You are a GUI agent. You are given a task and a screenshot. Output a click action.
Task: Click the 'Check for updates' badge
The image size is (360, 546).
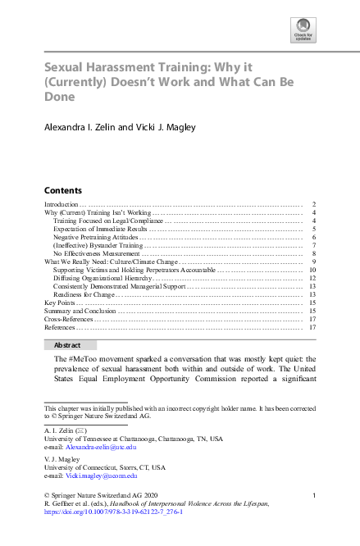coord(303,32)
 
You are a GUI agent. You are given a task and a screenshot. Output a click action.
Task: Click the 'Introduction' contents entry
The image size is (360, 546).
coord(62,203)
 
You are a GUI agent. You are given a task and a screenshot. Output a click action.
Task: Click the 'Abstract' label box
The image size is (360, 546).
coord(70,345)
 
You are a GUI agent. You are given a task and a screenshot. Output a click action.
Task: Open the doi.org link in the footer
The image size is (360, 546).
coord(112,512)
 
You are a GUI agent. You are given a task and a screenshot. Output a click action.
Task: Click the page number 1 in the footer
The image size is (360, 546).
coord(315,495)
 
